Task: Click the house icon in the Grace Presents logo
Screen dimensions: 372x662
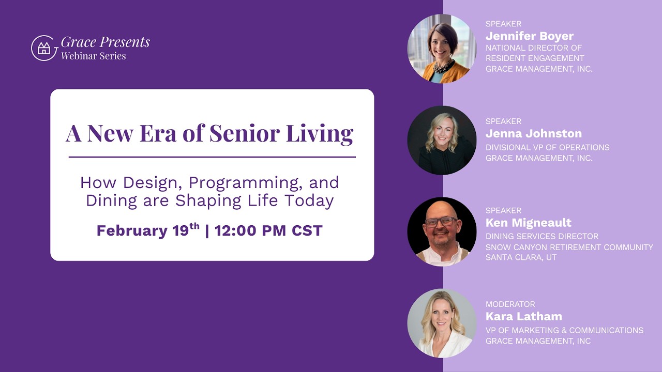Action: [x=44, y=49]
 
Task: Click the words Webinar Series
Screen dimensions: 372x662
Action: [x=93, y=56]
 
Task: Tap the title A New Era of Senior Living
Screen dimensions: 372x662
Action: [x=209, y=133]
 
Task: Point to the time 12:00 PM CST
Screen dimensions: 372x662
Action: [x=268, y=230]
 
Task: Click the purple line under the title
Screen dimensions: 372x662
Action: [x=212, y=157]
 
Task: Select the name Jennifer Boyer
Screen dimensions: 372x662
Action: [x=529, y=36]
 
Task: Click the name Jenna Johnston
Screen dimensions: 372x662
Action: [x=533, y=134]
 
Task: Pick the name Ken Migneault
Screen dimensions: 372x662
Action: [x=528, y=223]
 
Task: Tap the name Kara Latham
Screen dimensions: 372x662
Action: [x=523, y=316]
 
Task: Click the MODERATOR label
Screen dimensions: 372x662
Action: [x=510, y=304]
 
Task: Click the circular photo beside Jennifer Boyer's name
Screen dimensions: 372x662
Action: [x=441, y=49]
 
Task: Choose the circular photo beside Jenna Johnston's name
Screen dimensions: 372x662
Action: [x=441, y=140]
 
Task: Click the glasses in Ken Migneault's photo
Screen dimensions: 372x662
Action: [x=441, y=222]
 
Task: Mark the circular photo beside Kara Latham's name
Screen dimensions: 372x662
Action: [x=441, y=323]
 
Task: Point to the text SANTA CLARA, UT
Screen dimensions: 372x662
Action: [x=521, y=257]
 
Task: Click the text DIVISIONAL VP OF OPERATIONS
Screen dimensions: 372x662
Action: [x=547, y=147]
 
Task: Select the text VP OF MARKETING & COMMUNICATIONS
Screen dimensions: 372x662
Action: [x=564, y=330]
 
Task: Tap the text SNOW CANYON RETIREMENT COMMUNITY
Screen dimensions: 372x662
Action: [x=569, y=247]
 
